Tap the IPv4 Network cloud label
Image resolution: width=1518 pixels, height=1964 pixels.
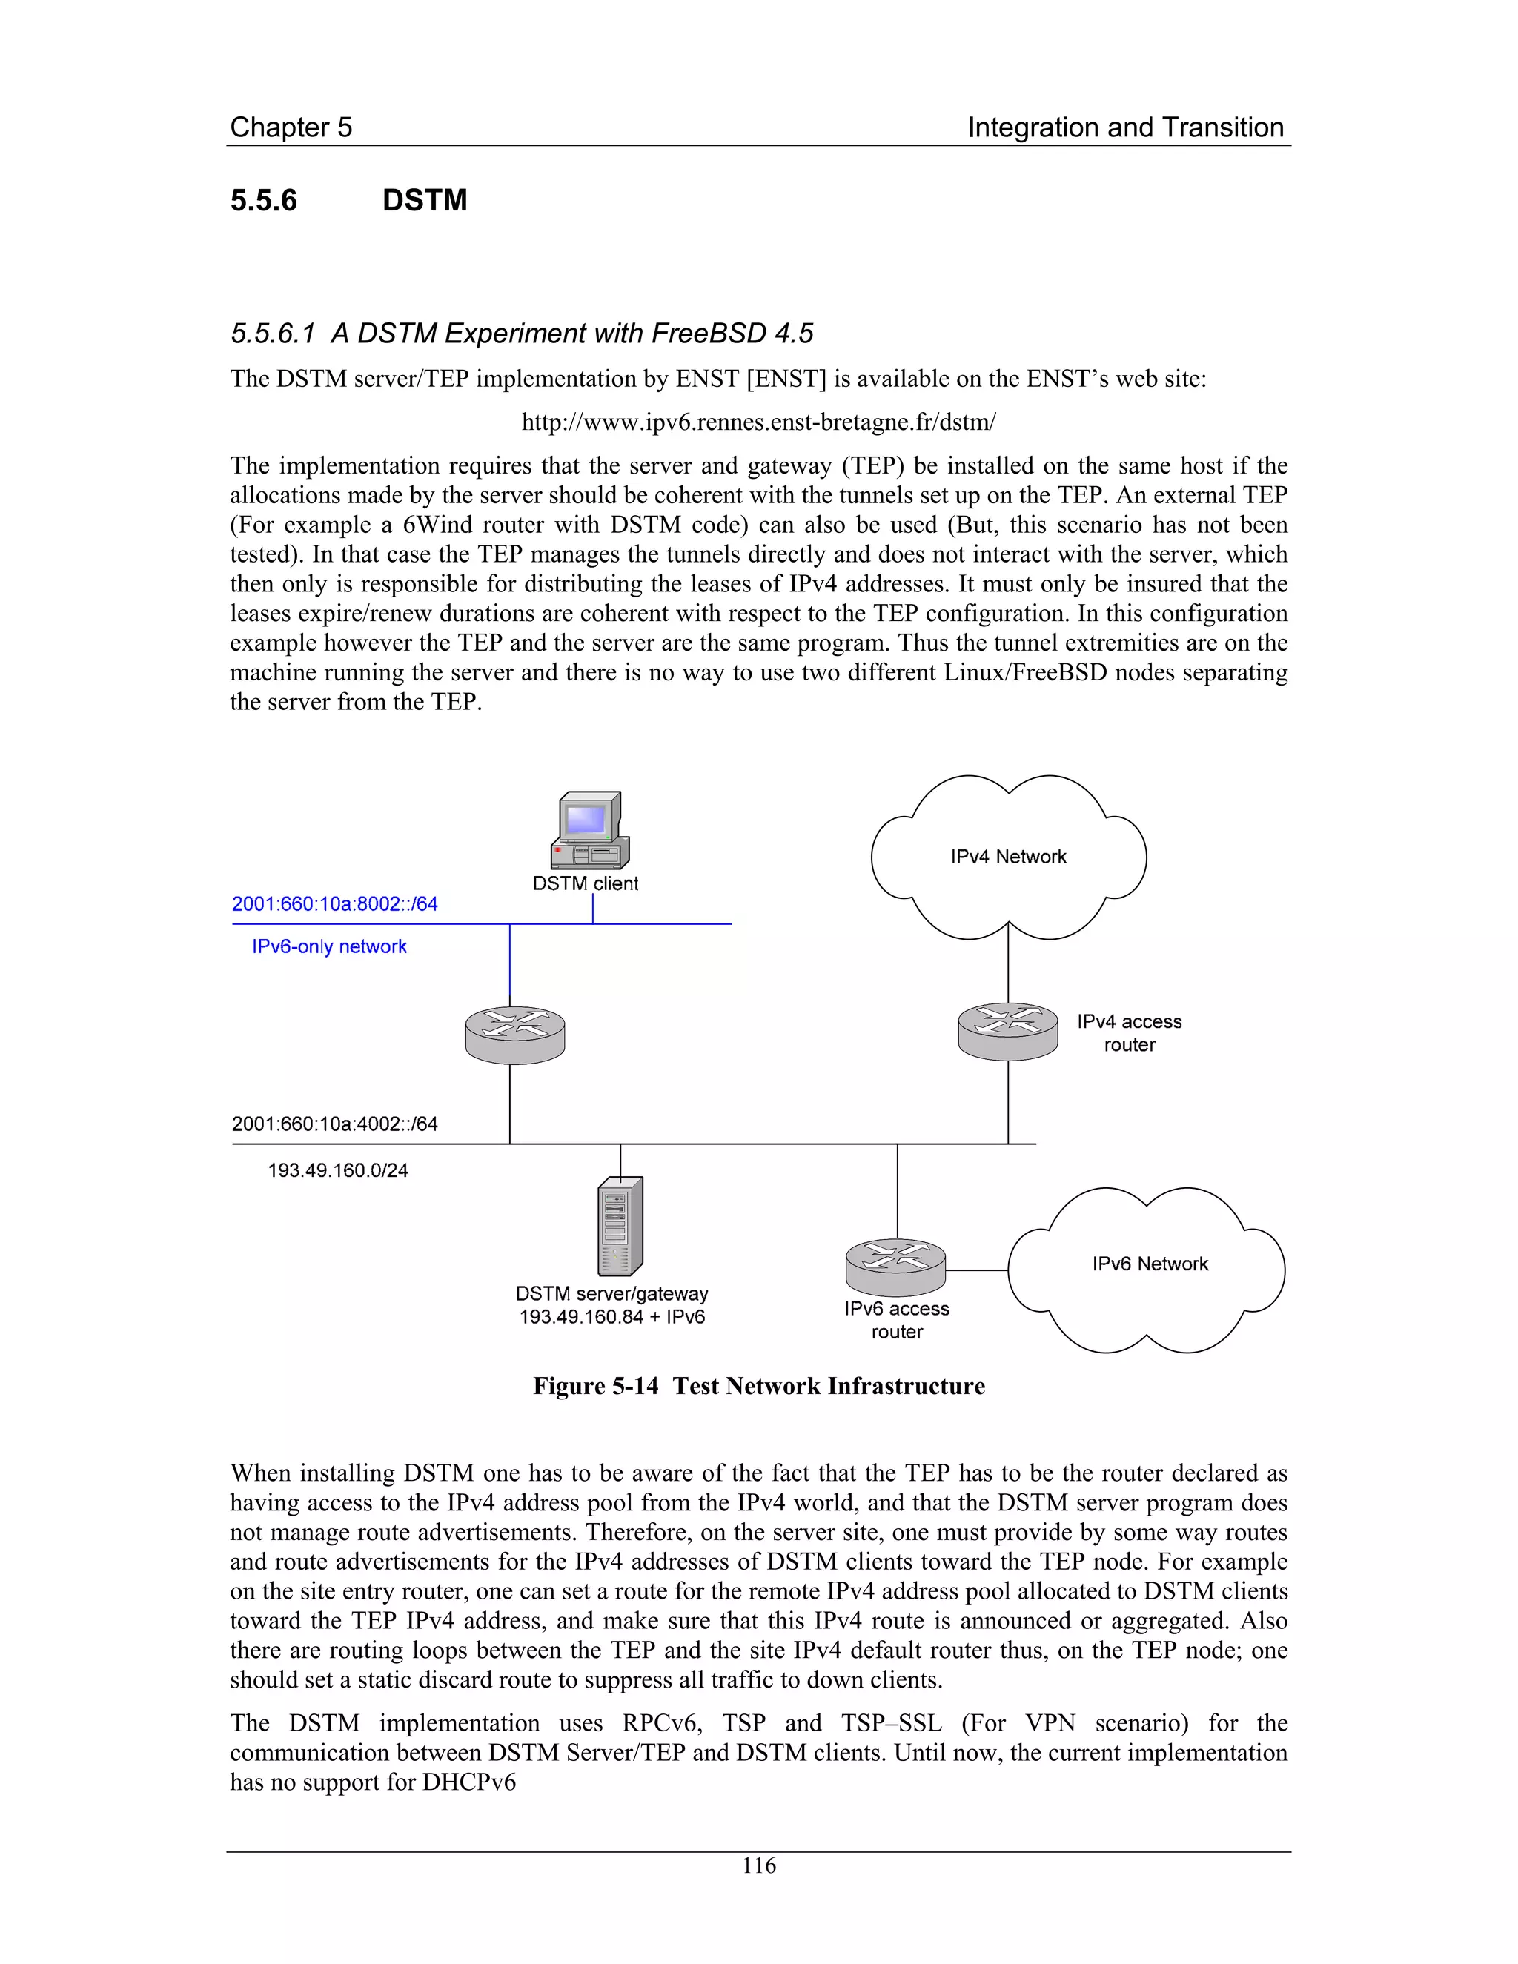point(1008,857)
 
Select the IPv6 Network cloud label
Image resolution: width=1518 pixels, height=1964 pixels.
point(1150,1264)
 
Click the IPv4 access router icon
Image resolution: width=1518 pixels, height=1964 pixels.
point(1007,1031)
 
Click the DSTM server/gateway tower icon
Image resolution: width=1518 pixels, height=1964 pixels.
point(620,1226)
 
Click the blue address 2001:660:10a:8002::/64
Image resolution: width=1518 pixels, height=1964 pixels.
point(334,903)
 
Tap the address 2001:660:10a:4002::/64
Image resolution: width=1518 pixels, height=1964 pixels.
point(334,1124)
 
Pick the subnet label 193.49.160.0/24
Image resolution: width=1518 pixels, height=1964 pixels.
point(338,1171)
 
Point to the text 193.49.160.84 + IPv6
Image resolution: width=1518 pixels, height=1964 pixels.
point(611,1316)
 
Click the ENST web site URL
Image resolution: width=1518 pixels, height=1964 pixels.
point(758,422)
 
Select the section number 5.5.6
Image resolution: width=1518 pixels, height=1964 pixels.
point(263,199)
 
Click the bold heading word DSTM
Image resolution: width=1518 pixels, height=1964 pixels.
point(425,199)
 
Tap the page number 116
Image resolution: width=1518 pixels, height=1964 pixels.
point(758,1866)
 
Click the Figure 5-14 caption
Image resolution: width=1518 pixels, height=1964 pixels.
point(758,1386)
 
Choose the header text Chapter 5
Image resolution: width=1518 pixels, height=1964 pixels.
point(291,127)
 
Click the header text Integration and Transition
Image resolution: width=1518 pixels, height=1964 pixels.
point(1125,127)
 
